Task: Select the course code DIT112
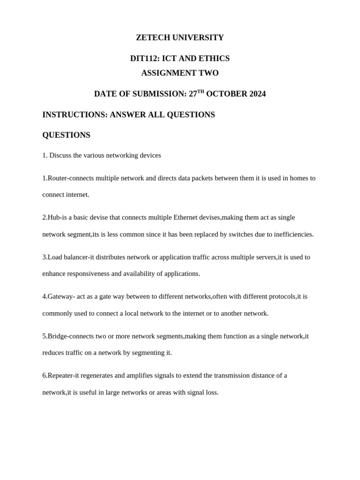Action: [145, 59]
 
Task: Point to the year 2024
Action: [257, 94]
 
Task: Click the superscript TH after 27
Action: [201, 91]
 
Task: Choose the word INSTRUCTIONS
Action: [75, 115]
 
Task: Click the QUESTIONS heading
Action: [66, 135]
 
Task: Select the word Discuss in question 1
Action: [60, 155]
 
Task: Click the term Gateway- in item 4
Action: [59, 297]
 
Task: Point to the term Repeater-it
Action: [63, 375]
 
